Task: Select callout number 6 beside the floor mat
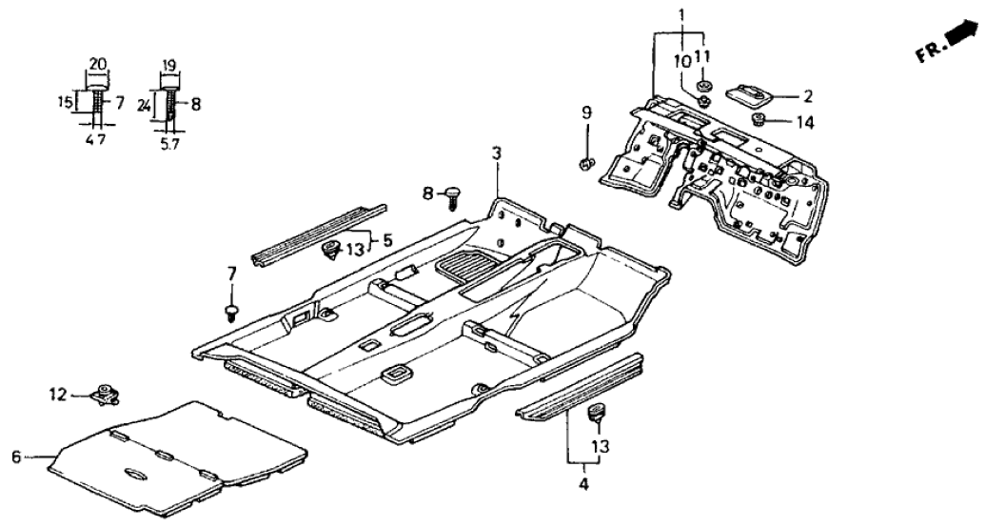point(15,457)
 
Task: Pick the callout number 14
point(806,122)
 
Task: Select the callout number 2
point(807,95)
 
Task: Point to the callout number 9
point(586,116)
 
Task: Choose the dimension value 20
point(95,65)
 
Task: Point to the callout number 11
point(703,56)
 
